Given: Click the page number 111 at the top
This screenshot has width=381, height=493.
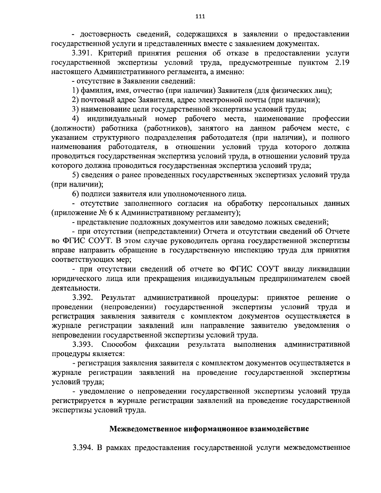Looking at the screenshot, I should click(200, 17).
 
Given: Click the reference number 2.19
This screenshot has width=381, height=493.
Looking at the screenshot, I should click(343, 62).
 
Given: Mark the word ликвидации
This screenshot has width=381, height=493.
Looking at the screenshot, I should click(330, 269).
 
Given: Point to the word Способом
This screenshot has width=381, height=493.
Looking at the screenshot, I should click(119, 344).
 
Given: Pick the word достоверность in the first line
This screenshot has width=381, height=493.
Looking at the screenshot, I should click(103, 34).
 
